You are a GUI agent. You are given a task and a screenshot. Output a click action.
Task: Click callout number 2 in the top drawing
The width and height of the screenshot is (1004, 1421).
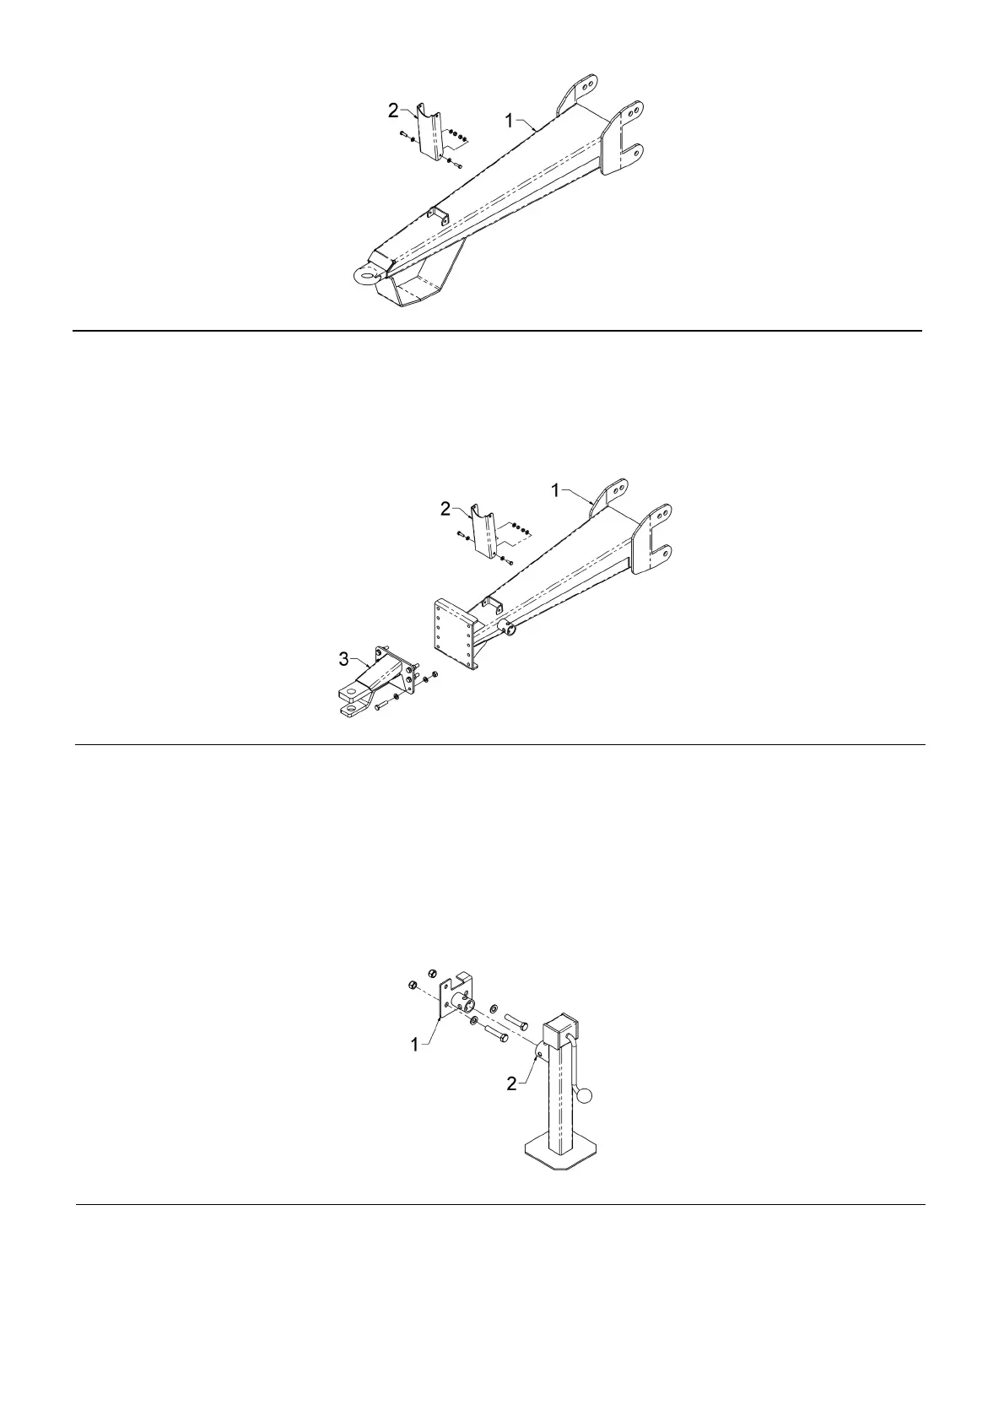click(x=393, y=110)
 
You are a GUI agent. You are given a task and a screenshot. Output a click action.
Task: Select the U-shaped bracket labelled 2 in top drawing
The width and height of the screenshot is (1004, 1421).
click(x=432, y=132)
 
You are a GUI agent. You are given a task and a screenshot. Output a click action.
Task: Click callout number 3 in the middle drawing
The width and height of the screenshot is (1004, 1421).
click(x=343, y=659)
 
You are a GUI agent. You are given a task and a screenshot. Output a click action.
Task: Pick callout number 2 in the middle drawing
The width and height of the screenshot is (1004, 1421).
click(x=445, y=508)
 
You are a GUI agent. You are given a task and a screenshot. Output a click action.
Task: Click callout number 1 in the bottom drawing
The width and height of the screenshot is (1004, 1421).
click(x=414, y=1045)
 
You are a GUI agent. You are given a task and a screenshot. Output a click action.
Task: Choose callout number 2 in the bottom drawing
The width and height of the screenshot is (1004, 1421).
click(x=511, y=1084)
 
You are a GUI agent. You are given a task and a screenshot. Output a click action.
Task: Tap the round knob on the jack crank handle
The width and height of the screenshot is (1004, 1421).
click(x=584, y=1096)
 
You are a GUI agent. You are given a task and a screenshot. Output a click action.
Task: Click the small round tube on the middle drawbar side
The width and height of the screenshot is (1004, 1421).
click(x=509, y=627)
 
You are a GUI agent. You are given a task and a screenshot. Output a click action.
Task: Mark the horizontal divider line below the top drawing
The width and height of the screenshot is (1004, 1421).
click(x=498, y=331)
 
